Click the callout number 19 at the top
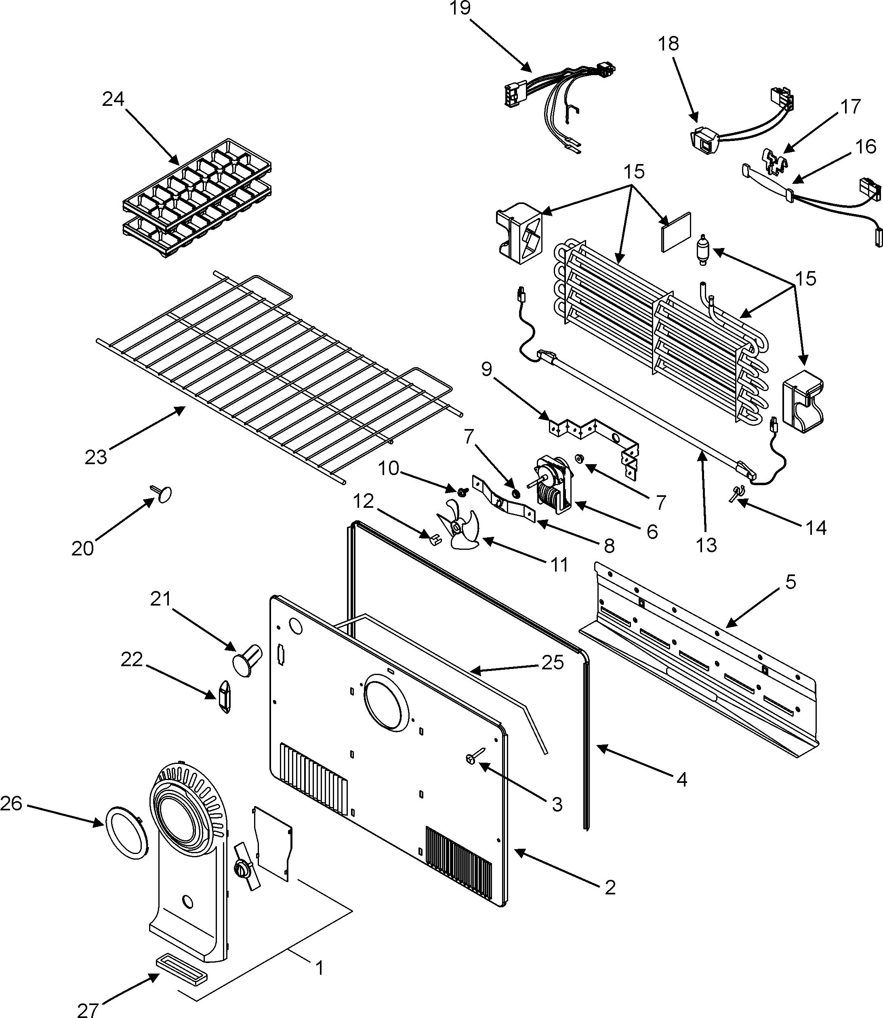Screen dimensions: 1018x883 [460, 8]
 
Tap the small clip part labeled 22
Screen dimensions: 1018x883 [224, 697]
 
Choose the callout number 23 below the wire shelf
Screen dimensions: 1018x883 [96, 457]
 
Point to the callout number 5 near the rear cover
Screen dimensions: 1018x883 [790, 582]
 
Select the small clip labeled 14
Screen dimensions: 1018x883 [736, 493]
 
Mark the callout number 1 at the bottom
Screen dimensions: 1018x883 [319, 968]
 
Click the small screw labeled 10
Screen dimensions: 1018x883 [462, 492]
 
